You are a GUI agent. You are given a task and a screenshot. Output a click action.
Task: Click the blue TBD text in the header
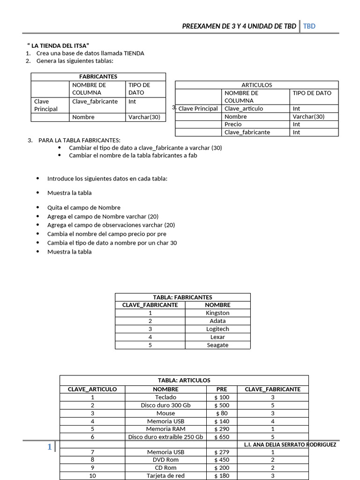pos(309,26)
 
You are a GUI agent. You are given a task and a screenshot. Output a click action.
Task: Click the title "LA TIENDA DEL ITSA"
pos(58,45)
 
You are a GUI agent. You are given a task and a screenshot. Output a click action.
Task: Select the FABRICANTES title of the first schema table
pos(98,76)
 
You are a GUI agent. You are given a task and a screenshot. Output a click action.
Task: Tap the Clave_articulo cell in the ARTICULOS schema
pos(244,109)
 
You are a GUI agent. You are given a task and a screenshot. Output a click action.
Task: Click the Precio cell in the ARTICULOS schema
pos(233,124)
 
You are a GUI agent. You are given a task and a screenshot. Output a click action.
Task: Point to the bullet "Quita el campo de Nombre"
pos(84,208)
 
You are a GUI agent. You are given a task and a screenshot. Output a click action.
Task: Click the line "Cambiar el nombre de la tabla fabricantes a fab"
pos(133,155)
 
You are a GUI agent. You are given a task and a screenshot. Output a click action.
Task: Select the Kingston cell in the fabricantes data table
pos(217,313)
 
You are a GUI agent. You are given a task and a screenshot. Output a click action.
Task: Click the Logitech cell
pos(217,329)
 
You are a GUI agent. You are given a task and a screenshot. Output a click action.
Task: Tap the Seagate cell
pos(217,345)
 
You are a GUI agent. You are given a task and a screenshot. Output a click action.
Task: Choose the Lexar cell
pos(217,337)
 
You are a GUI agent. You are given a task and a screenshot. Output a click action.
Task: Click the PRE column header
pos(222,389)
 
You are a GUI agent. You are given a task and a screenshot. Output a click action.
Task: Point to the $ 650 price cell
pos(222,436)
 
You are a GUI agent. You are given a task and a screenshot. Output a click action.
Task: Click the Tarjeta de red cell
pos(165,476)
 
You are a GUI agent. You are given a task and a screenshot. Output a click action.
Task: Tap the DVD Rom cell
pos(165,460)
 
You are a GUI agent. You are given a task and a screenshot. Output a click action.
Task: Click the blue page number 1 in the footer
pos(49,447)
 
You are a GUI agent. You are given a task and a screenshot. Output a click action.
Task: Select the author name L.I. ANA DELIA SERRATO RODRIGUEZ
pos(290,445)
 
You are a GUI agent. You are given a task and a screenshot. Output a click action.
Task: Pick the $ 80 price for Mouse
pos(222,413)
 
